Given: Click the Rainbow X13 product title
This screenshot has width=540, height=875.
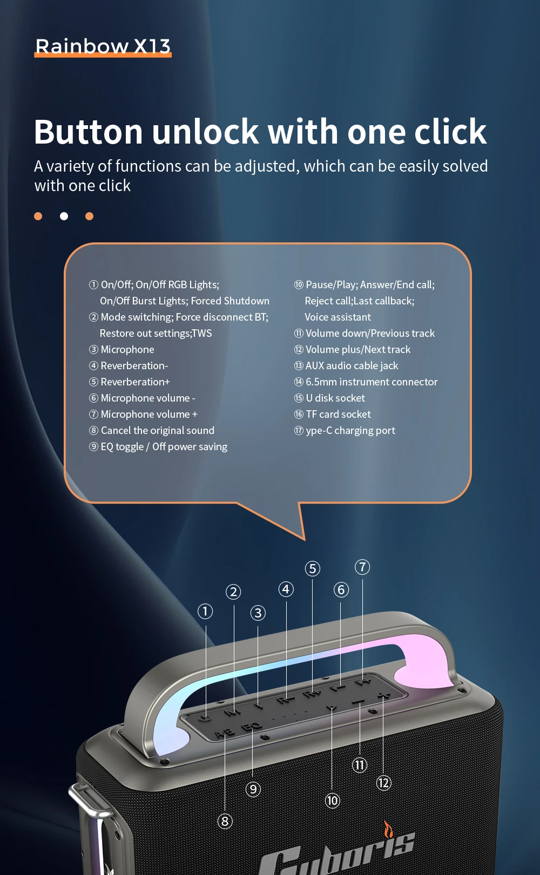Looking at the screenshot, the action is [103, 46].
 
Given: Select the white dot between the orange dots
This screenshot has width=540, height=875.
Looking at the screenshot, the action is [64, 216].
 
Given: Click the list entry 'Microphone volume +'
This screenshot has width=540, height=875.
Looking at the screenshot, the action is [143, 414].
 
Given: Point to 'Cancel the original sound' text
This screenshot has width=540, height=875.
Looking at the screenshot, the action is [152, 430].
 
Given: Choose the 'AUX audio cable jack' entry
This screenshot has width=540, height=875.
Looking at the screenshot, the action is [346, 365].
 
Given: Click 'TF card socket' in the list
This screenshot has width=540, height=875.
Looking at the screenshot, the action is [332, 414].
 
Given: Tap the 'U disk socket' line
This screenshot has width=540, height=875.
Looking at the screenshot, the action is [329, 398].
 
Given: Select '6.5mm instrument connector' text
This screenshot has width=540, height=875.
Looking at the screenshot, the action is [366, 382].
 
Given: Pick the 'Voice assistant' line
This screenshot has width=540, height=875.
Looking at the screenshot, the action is [337, 317].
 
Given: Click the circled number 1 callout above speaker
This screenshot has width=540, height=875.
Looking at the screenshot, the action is [205, 612].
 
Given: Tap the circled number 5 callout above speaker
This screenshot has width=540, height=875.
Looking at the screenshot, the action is [313, 569].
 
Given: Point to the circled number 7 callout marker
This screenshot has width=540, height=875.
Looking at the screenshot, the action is [362, 567].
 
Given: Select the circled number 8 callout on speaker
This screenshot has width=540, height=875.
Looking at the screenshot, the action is [225, 821].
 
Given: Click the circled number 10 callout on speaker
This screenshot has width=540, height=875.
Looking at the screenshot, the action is [332, 801].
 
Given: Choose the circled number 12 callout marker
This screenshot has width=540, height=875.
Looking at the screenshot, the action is [384, 783].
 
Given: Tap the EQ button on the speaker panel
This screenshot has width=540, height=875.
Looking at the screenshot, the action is [252, 727].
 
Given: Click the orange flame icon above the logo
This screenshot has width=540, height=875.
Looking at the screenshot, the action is [388, 829].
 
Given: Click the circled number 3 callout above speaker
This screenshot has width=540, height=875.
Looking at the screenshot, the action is [258, 613].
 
